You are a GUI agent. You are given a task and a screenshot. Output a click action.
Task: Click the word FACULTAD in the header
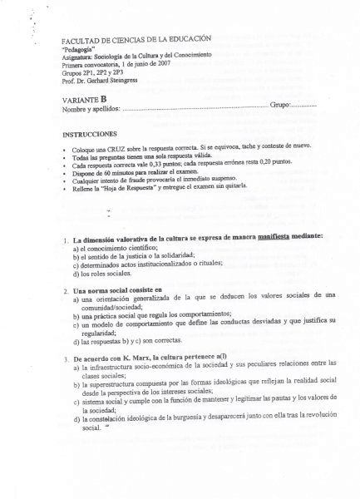point(81,41)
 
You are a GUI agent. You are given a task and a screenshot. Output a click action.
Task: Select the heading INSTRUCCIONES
point(90,133)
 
